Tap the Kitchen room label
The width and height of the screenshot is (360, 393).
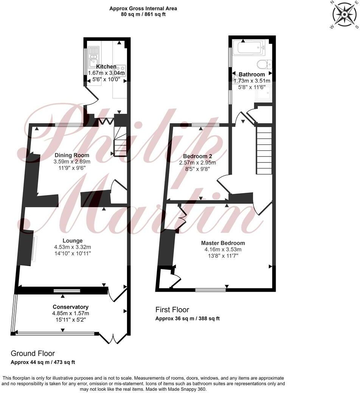pyautogui.click(x=106, y=67)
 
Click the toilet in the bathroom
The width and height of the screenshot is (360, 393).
pyautogui.click(x=264, y=64)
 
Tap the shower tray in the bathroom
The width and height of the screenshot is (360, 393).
pyautogui.click(x=263, y=93)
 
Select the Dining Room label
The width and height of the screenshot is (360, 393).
pyautogui.click(x=72, y=155)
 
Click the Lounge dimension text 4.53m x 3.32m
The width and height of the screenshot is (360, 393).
pyautogui.click(x=73, y=247)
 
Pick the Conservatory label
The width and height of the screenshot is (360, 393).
pyautogui.click(x=70, y=307)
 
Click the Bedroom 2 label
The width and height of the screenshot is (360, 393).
pyautogui.click(x=197, y=156)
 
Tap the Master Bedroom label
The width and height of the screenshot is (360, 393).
pyautogui.click(x=223, y=243)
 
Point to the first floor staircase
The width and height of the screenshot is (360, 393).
pyautogui.click(x=264, y=150)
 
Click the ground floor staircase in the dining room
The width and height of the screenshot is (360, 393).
pyautogui.click(x=120, y=142)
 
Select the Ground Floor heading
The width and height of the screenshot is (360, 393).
pyautogui.click(x=33, y=353)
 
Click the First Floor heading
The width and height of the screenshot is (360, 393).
pyautogui.click(x=172, y=310)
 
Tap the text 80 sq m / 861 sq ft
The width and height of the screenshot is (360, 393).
pyautogui.click(x=143, y=14)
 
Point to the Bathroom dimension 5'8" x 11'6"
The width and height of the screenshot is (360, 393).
pyautogui.click(x=252, y=87)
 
